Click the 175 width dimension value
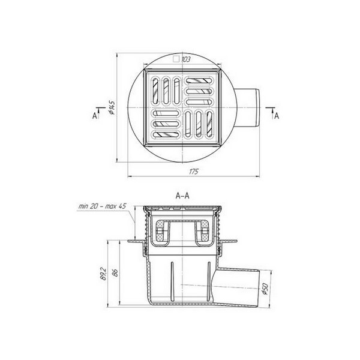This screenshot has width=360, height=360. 194,172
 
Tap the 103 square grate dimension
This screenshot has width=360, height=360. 186,59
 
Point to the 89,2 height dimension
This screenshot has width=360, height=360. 104,274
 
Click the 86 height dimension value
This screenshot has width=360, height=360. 115,273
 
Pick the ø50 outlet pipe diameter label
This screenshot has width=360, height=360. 265,289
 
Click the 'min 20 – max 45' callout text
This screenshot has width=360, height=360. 103,206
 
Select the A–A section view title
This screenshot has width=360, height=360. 182,196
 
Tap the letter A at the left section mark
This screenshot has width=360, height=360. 95,116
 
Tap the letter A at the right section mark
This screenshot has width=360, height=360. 277,116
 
